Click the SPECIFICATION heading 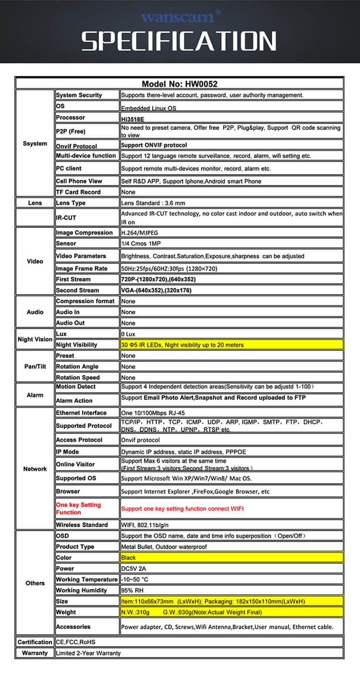[179, 42]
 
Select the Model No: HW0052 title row [180, 83]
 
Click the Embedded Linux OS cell [149, 108]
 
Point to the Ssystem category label [35, 143]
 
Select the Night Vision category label [35, 339]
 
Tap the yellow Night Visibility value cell [231, 344]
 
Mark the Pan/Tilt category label [35, 366]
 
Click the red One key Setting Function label [79, 508]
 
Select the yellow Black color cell [231, 557]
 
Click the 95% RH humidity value [132, 590]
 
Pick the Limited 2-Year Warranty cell [88, 653]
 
